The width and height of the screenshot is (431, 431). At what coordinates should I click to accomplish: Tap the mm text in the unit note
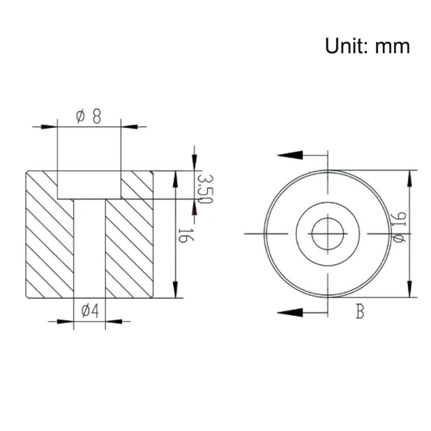tap(392, 46)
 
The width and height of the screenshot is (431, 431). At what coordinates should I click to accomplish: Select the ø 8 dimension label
tap(89, 116)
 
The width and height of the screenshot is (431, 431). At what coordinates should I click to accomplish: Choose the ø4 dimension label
tap(89, 311)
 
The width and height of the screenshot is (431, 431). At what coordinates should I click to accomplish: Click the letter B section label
tap(360, 312)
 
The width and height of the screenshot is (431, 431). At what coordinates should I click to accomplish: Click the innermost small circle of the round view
tap(328, 234)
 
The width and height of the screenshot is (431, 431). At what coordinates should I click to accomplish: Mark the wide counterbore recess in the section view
tap(89, 185)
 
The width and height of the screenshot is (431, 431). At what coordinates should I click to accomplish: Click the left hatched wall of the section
tap(50, 241)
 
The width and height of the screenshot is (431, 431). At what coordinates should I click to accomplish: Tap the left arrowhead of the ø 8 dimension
tap(50, 127)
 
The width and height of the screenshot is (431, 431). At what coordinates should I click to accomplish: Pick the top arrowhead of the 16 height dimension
tap(175, 179)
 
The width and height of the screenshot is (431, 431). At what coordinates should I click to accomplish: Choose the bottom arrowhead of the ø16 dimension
tap(409, 289)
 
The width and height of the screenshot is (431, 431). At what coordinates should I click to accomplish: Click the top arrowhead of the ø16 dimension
tap(409, 179)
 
